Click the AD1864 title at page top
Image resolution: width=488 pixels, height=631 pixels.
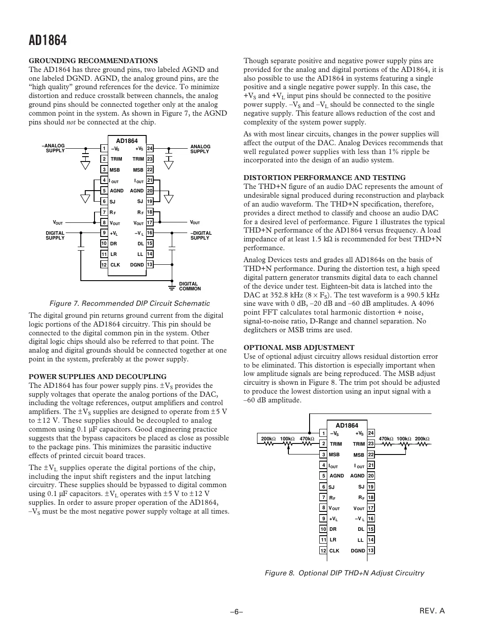(x=48, y=41)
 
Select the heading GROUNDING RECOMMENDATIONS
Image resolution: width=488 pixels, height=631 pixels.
(x=93, y=60)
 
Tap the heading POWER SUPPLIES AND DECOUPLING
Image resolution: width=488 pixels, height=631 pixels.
(x=98, y=376)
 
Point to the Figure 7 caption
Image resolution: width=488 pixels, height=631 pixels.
(x=129, y=303)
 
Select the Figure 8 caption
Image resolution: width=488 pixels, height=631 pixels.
(x=344, y=573)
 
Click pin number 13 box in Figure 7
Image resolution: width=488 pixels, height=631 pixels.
(x=150, y=265)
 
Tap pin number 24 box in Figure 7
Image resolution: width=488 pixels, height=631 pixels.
(x=150, y=149)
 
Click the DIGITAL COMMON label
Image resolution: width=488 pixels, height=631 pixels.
(x=190, y=286)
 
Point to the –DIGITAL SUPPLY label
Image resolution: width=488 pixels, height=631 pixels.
(x=201, y=235)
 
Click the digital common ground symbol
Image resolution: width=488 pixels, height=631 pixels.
(x=172, y=287)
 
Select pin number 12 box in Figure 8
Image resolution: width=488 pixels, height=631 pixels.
(x=323, y=550)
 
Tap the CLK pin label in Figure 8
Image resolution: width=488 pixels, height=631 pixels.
(x=334, y=550)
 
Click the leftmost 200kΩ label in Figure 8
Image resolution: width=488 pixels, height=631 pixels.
(x=268, y=439)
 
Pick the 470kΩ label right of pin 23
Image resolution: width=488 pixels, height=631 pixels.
(x=386, y=439)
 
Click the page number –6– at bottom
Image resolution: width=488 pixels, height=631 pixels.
(x=237, y=612)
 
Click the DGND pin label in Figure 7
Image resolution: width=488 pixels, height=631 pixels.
(x=137, y=265)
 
